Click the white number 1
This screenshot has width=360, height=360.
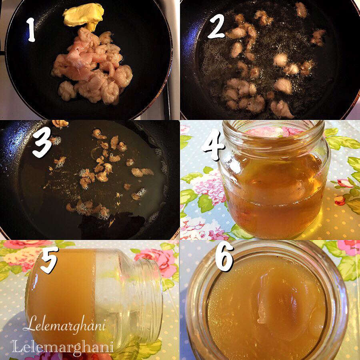pos(31,30)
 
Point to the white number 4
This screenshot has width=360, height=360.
pos(213,145)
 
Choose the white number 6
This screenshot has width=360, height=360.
pos(224,256)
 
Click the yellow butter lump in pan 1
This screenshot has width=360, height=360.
pos(84,16)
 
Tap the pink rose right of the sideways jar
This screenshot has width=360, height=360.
pos(158,262)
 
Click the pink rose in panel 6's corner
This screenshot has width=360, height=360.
pos(349,248)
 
